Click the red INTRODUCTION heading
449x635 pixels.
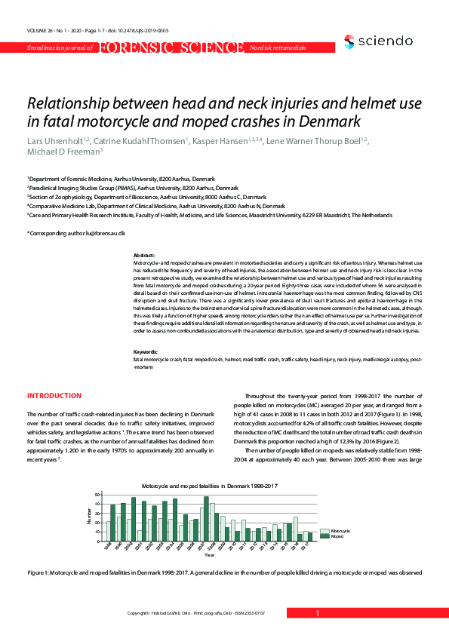54,396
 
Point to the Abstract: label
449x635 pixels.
143,256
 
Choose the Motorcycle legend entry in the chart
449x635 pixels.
340,532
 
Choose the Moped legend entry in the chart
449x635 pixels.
337,537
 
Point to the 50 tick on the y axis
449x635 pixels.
97,495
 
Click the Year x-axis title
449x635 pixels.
209,554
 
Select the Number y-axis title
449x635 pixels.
88,517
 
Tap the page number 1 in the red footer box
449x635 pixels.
318,614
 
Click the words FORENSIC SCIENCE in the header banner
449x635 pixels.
170,48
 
